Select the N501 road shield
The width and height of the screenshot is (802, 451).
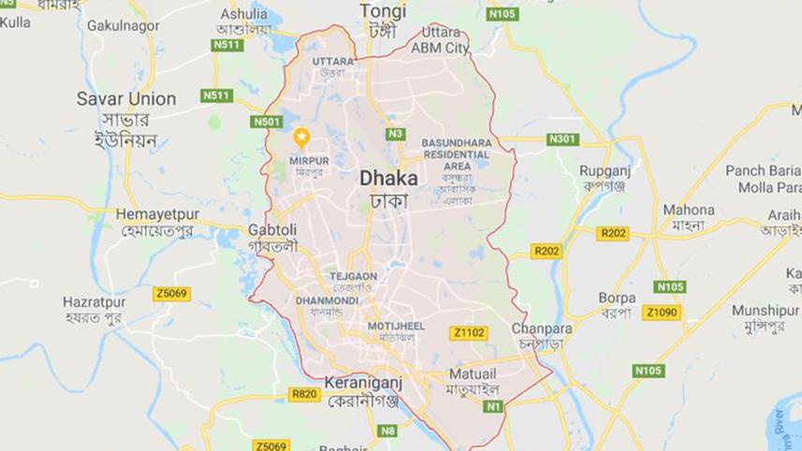coord(267,122)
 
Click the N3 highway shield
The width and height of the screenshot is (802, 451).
coord(395,134)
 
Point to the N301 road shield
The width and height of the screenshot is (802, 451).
coord(563,139)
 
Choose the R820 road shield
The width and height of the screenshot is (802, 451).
coord(304,395)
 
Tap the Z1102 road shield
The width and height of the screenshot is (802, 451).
coord(469,332)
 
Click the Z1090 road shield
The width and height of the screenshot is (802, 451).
coord(663,313)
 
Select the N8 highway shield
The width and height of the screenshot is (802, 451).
coord(388,430)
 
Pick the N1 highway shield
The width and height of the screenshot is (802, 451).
coord(493,406)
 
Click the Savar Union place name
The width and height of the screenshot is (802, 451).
coord(126,99)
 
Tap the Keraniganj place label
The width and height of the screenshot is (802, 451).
coord(362,383)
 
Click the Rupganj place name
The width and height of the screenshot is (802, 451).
coord(605,171)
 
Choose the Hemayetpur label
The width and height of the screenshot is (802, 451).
coord(158,214)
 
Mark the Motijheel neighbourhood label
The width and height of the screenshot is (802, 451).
coord(396,326)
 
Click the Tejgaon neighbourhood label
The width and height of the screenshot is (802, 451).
coord(353,276)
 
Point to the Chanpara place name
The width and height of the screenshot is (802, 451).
coord(541,328)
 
